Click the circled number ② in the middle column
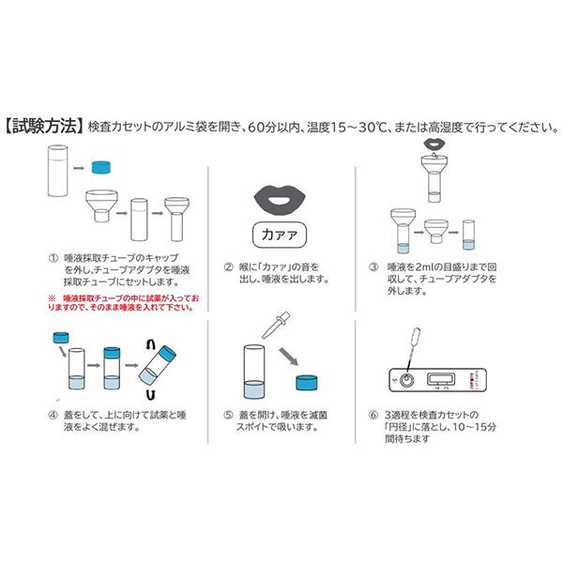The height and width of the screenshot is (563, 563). [x=227, y=266]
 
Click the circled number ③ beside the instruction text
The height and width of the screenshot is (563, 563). [x=374, y=266]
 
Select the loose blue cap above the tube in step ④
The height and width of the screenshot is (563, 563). [x=63, y=337]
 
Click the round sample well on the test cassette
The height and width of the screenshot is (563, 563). [x=407, y=380]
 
